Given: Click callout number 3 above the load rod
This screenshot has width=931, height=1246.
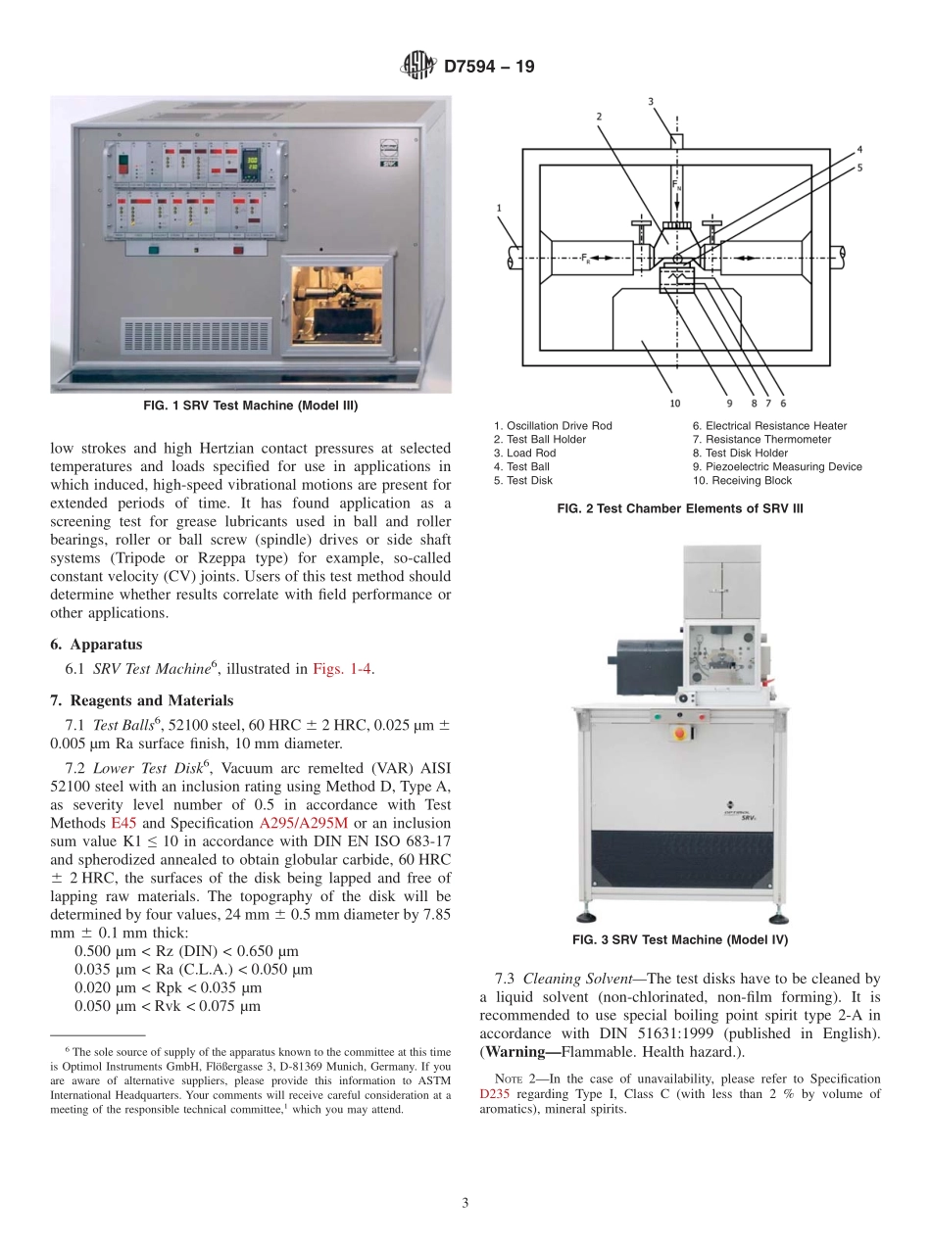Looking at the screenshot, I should (651, 101).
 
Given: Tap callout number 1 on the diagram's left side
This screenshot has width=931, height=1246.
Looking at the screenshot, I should (499, 208).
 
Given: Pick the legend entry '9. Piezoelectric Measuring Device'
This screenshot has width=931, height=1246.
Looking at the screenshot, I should (777, 466).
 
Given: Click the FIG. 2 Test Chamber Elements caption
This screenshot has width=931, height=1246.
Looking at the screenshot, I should (680, 507).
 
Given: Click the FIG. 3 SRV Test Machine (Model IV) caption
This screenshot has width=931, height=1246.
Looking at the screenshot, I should (680, 939).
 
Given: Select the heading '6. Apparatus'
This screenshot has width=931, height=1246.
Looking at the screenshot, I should (96, 645).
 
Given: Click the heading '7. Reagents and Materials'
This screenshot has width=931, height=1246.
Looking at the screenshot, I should (141, 700).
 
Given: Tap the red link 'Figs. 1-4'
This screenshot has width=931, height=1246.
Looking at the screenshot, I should (342, 669).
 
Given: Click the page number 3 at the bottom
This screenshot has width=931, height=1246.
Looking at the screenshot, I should (465, 1202).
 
